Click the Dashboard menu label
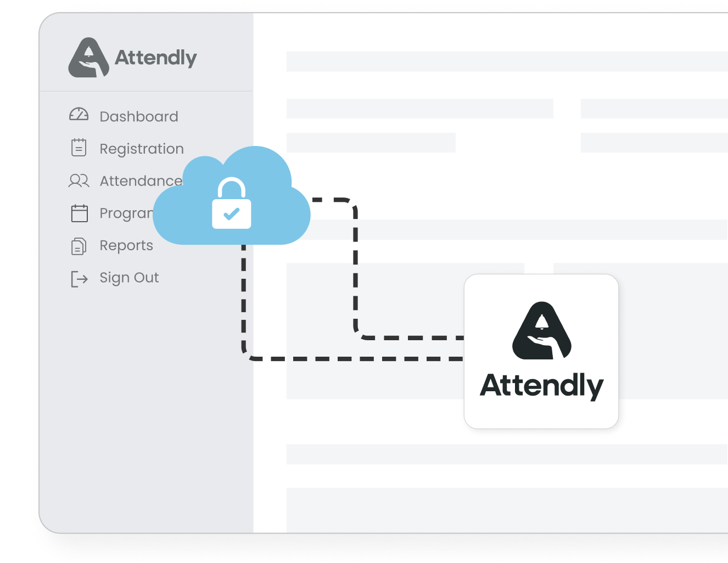(x=139, y=116)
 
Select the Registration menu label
(x=142, y=149)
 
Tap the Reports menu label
(x=126, y=245)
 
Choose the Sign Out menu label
(x=129, y=278)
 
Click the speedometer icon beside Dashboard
(x=79, y=115)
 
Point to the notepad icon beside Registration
(x=79, y=148)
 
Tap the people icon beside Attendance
(x=79, y=181)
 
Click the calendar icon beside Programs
(x=80, y=213)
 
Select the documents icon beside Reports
(x=79, y=246)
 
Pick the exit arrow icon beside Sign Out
(x=79, y=279)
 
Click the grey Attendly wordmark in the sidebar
(x=155, y=58)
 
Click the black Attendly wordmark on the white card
(x=541, y=386)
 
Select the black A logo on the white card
(x=541, y=330)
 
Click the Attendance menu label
(x=141, y=181)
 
